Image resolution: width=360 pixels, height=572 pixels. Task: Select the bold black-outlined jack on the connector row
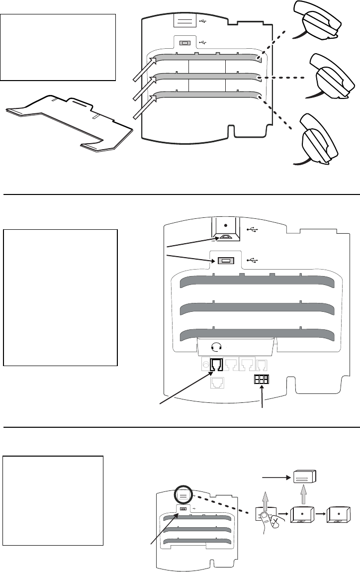pyautogui.click(x=217, y=366)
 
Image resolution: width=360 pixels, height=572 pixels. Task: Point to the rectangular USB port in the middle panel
pyautogui.click(x=226, y=261)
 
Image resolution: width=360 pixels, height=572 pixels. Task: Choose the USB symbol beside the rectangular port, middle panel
pyautogui.click(x=253, y=260)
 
